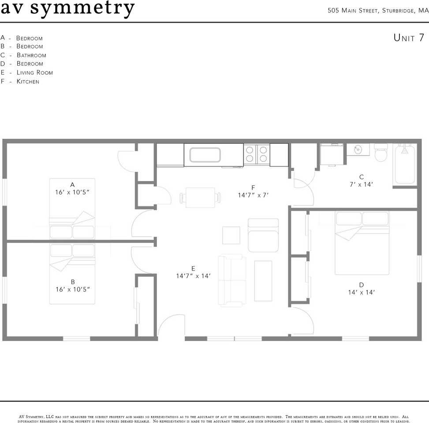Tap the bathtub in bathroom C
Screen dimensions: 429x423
405,164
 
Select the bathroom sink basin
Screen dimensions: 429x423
358,149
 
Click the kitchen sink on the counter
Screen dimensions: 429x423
205,155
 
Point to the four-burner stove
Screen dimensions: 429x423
256,154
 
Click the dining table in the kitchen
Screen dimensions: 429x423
200,197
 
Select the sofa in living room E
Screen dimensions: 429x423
232,280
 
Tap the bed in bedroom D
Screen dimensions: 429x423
362,243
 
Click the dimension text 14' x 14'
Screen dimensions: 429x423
361,292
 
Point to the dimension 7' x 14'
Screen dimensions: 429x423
361,185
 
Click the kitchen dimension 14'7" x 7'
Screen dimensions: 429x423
253,195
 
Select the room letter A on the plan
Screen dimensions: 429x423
72,185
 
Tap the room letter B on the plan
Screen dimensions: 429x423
73,282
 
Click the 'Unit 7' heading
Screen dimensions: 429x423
409,38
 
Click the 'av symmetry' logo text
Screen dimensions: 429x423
67,8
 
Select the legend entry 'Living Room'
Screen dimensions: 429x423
35,72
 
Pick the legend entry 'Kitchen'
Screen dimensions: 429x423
28,82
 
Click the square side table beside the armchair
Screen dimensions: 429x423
231,235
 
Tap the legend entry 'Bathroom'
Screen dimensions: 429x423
31,55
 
